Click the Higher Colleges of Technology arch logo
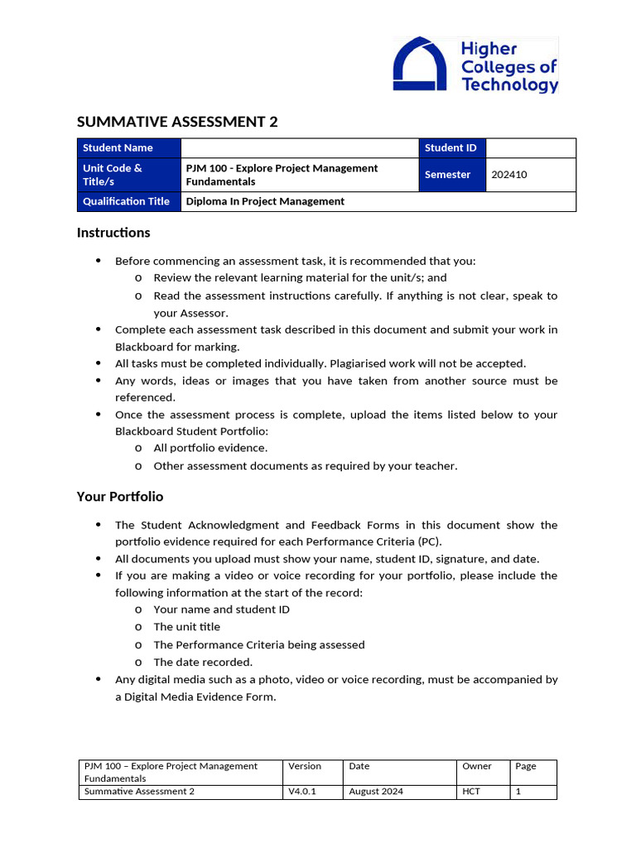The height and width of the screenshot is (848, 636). point(422,64)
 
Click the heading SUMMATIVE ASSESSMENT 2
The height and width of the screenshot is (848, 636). point(177,123)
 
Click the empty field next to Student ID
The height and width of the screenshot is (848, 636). point(530,148)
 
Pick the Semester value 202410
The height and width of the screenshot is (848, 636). point(508,175)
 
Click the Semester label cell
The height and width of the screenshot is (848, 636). point(447,175)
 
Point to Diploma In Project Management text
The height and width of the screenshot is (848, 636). point(265,201)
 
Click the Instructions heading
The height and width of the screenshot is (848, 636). point(113,233)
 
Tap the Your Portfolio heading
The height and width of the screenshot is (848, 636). point(120,497)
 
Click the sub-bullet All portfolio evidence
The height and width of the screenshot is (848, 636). point(210,448)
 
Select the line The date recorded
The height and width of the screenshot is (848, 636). point(203,662)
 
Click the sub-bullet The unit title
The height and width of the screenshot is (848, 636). point(186,627)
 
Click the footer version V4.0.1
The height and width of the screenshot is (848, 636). point(302,792)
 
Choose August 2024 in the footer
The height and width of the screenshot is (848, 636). point(376,792)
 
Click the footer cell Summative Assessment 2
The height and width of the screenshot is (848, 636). point(139,792)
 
